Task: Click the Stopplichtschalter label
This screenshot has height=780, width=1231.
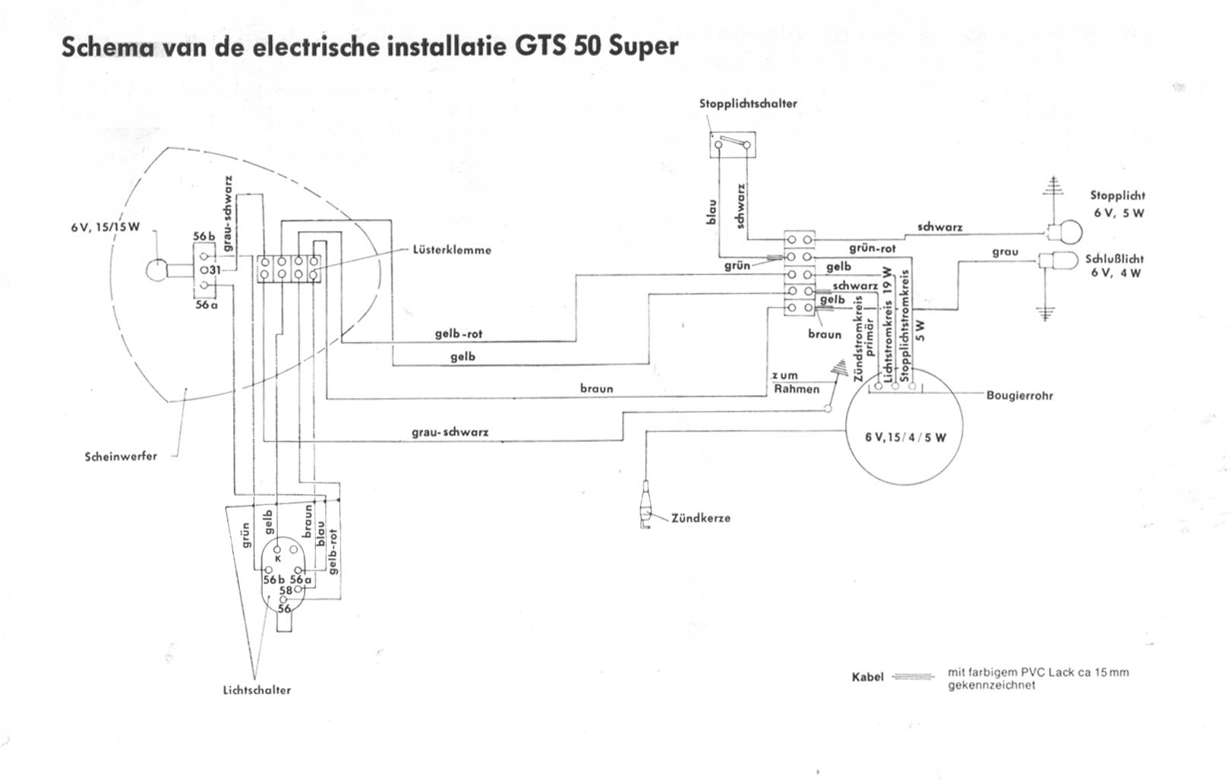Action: [748, 103]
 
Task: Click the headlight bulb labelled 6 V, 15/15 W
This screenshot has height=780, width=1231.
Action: [156, 270]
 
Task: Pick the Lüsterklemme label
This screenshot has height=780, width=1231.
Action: [452, 250]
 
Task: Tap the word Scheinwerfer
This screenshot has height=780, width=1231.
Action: [121, 456]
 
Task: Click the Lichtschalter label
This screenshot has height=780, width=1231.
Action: [257, 690]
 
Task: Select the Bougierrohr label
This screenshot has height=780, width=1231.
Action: [1019, 396]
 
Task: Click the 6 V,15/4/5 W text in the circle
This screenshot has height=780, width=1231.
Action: [905, 437]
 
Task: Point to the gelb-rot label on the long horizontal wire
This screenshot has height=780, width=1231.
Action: [459, 334]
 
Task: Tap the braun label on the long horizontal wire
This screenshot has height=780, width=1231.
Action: [596, 389]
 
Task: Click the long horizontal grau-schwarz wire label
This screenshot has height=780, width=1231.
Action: [450, 433]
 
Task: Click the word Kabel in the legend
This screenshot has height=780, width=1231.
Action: [868, 677]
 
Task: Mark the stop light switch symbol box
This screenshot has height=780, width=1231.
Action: [733, 144]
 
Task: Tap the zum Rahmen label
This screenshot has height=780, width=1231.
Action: [796, 383]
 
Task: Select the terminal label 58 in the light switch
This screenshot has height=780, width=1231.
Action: [286, 590]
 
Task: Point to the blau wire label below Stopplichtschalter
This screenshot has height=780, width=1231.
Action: [712, 211]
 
